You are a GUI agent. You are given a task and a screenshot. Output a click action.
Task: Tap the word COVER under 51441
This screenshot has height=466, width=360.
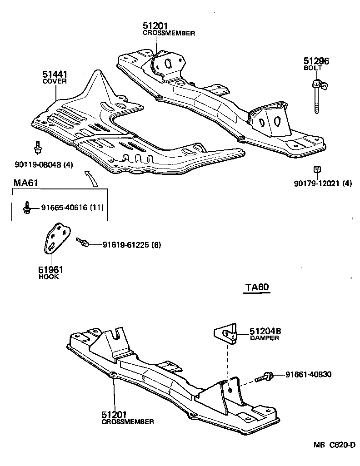click(55, 82)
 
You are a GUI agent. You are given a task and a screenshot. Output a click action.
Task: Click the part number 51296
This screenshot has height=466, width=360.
click(316, 61)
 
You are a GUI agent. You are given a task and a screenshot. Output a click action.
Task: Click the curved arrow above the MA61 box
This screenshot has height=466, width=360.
click(92, 178)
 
